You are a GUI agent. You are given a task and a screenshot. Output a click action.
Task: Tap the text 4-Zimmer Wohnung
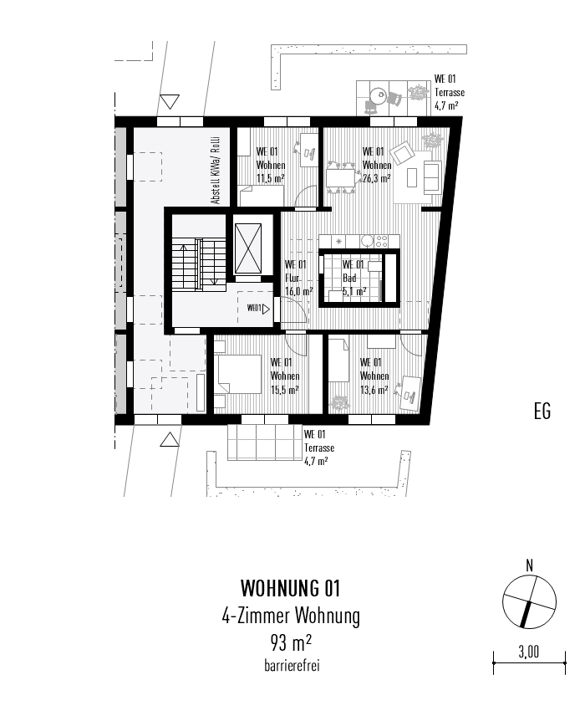tap(290, 617)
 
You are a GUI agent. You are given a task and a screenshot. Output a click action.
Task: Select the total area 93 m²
tap(290, 644)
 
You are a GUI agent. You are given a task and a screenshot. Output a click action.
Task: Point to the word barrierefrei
tap(290, 666)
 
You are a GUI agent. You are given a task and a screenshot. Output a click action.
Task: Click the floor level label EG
tap(542, 412)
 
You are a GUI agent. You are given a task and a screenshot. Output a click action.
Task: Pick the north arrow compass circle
tap(529, 603)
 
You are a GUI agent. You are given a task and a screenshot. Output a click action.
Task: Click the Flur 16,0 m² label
tap(298, 279)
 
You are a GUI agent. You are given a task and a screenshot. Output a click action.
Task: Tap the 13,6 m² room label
tap(373, 376)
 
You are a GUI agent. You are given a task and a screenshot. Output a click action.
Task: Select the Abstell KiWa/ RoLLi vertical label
tap(215, 170)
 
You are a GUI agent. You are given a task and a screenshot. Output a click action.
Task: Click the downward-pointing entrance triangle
tap(170, 102)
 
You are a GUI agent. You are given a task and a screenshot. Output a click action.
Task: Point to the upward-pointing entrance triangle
tap(170, 438)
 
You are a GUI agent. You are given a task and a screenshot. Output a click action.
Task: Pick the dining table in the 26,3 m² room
tap(340, 177)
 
